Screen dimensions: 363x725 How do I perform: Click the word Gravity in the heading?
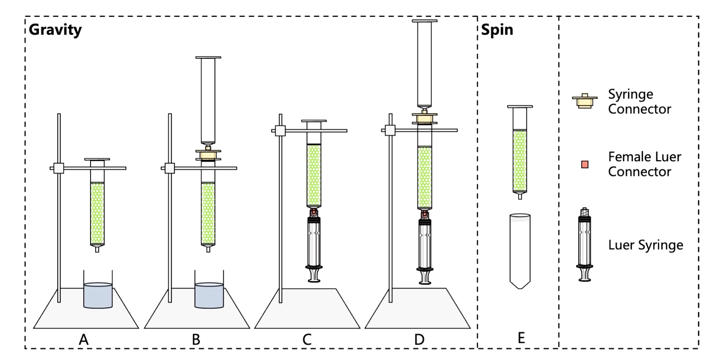point(55,30)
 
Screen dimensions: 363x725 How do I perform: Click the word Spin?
point(497,30)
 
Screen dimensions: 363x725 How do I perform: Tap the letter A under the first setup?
point(84,338)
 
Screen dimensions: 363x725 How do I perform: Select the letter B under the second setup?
point(195,338)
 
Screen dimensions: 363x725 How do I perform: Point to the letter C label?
point(307,338)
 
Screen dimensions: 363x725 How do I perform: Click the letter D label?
point(419,338)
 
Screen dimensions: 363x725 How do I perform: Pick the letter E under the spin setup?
point(521,338)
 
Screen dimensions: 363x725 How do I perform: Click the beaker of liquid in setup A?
point(98,295)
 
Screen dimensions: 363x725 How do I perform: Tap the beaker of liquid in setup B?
point(209,295)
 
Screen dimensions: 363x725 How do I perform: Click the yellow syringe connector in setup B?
point(208,154)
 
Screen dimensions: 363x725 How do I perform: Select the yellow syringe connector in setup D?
point(424,119)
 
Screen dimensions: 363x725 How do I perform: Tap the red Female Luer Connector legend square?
point(585,164)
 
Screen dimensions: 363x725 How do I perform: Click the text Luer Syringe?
point(646,245)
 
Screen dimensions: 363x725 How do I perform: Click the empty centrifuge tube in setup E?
point(520,251)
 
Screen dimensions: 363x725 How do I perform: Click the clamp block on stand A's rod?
point(59,168)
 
